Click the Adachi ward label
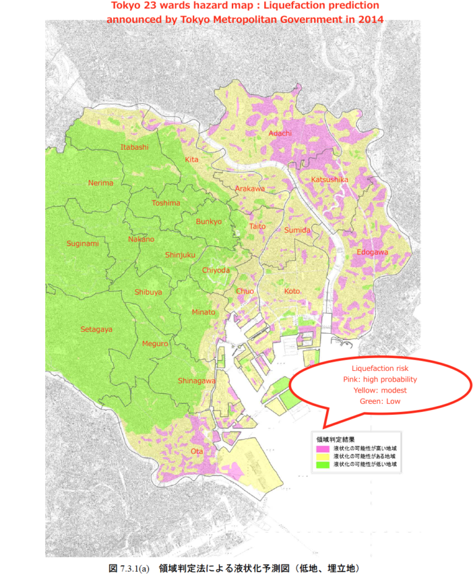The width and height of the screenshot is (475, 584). pos(280,133)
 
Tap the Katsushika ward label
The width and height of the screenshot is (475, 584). pos(330,180)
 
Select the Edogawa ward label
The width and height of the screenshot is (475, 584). pos(372,252)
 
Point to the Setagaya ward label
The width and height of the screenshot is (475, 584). pos(96,329)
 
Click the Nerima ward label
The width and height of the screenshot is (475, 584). pos(101,183)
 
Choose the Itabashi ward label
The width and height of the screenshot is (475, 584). pos(134,147)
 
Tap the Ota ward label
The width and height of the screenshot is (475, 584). pos(197,451)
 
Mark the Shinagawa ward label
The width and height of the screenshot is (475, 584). pos(197,380)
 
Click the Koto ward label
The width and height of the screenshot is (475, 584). pos(292,291)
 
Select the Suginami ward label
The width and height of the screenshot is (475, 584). pos(82,243)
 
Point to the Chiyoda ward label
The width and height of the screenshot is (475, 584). pos(216,270)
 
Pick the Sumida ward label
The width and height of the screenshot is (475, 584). pos(297,230)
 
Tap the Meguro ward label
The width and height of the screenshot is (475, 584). pos(155,344)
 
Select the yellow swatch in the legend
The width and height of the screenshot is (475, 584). pos(323,456)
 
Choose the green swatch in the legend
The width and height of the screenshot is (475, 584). pos(323,464)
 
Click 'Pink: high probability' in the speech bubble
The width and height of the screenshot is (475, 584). pos(380,379)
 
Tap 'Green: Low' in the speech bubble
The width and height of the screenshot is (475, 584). pos(380,401)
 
